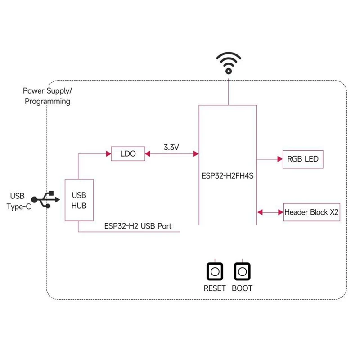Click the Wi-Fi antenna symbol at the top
pos(229,63)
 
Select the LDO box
pos(128,154)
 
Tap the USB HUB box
pos(79,200)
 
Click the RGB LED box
pos(303,159)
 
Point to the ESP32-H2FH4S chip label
pos(228,176)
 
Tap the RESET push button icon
pos(215,272)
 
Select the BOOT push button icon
pos(243,272)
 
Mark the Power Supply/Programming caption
pos(47,96)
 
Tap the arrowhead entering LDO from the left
pos(109,154)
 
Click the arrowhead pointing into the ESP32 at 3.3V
pos(196,154)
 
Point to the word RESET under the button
pos(215,288)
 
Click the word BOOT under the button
pos(243,288)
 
